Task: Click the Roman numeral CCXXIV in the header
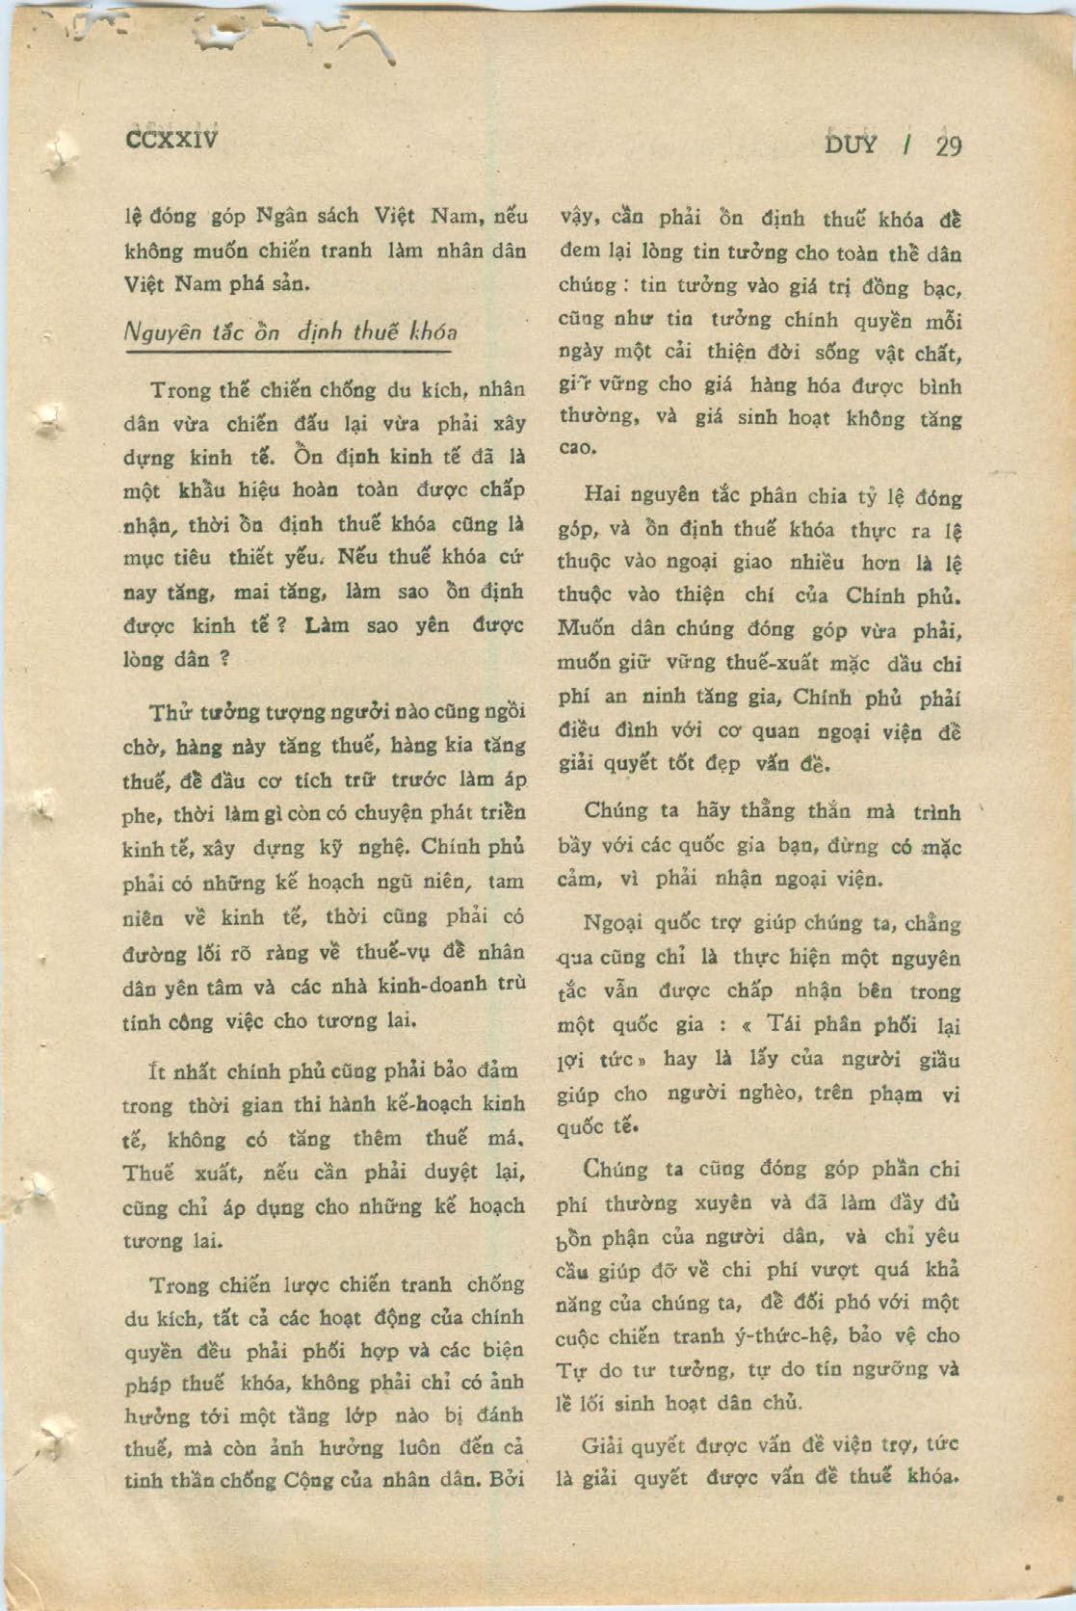172,140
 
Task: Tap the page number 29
948,145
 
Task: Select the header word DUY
852,145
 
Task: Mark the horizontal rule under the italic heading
289,354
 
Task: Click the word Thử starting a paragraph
171,713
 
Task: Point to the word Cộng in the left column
307,1480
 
